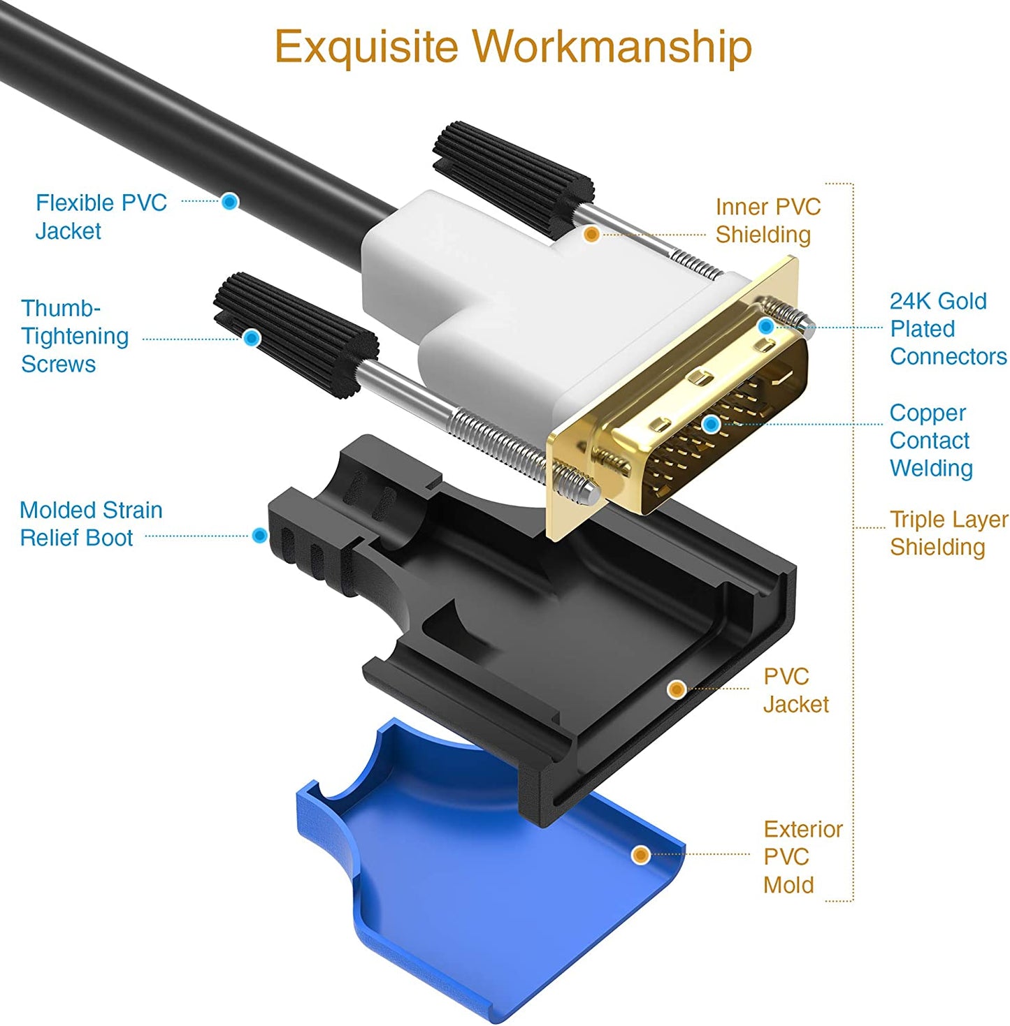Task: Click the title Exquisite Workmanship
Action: point(512,47)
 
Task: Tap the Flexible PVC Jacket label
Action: point(101,217)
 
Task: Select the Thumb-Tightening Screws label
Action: point(75,336)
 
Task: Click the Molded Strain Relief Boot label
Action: point(91,524)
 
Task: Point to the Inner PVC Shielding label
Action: point(767,221)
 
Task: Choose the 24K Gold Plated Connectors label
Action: point(947,328)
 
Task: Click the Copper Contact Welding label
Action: point(930,440)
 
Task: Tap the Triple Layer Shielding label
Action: point(948,533)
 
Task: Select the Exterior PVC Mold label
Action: point(802,857)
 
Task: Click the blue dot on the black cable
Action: point(230,202)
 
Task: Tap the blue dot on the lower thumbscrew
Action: point(252,339)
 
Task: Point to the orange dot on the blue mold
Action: point(640,854)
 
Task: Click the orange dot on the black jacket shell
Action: point(676,689)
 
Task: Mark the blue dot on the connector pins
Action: point(711,424)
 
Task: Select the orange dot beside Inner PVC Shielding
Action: point(591,235)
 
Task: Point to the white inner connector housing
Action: point(503,307)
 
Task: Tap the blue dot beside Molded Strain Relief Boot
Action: point(259,536)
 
